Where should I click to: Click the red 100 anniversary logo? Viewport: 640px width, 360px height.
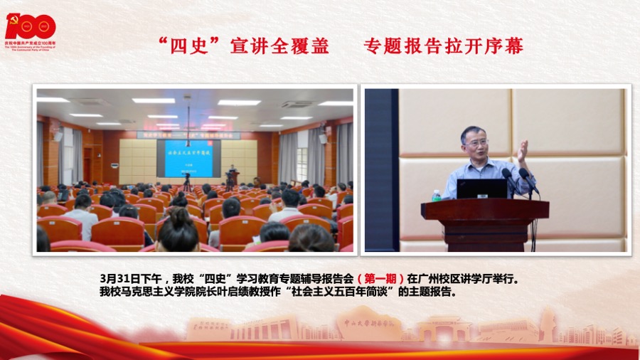pos(31,26)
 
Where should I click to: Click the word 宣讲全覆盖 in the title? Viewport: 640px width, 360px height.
pos(279,46)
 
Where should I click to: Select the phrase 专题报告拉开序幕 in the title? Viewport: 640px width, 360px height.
pos(444,46)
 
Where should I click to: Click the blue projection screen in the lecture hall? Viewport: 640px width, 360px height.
pos(188,158)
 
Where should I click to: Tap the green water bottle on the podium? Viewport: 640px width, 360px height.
pos(436,194)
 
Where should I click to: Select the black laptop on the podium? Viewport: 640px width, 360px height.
pos(481,189)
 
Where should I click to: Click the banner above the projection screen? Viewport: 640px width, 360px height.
pos(188,134)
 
